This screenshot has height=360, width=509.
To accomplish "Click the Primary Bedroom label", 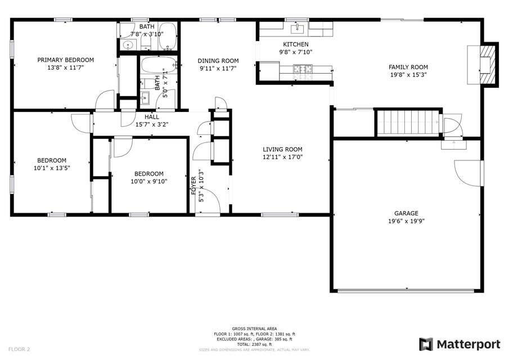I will coord(65,60).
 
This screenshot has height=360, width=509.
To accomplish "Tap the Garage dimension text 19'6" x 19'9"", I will coord(406,221).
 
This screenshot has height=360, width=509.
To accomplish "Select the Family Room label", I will coord(408,67).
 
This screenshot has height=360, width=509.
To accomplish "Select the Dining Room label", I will coord(218,61).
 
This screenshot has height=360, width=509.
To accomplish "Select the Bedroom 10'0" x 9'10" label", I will coord(148,174).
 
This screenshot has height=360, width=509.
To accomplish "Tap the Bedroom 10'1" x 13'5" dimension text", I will coord(52,167).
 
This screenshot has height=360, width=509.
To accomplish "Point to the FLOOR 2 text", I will coord(19,349).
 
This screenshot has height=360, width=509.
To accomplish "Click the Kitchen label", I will coord(295,44).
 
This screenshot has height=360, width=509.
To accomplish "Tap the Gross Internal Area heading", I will coord(254,328).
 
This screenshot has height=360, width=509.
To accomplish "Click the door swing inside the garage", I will coord(467,172).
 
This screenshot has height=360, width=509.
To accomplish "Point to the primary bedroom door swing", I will coord(104,102).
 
